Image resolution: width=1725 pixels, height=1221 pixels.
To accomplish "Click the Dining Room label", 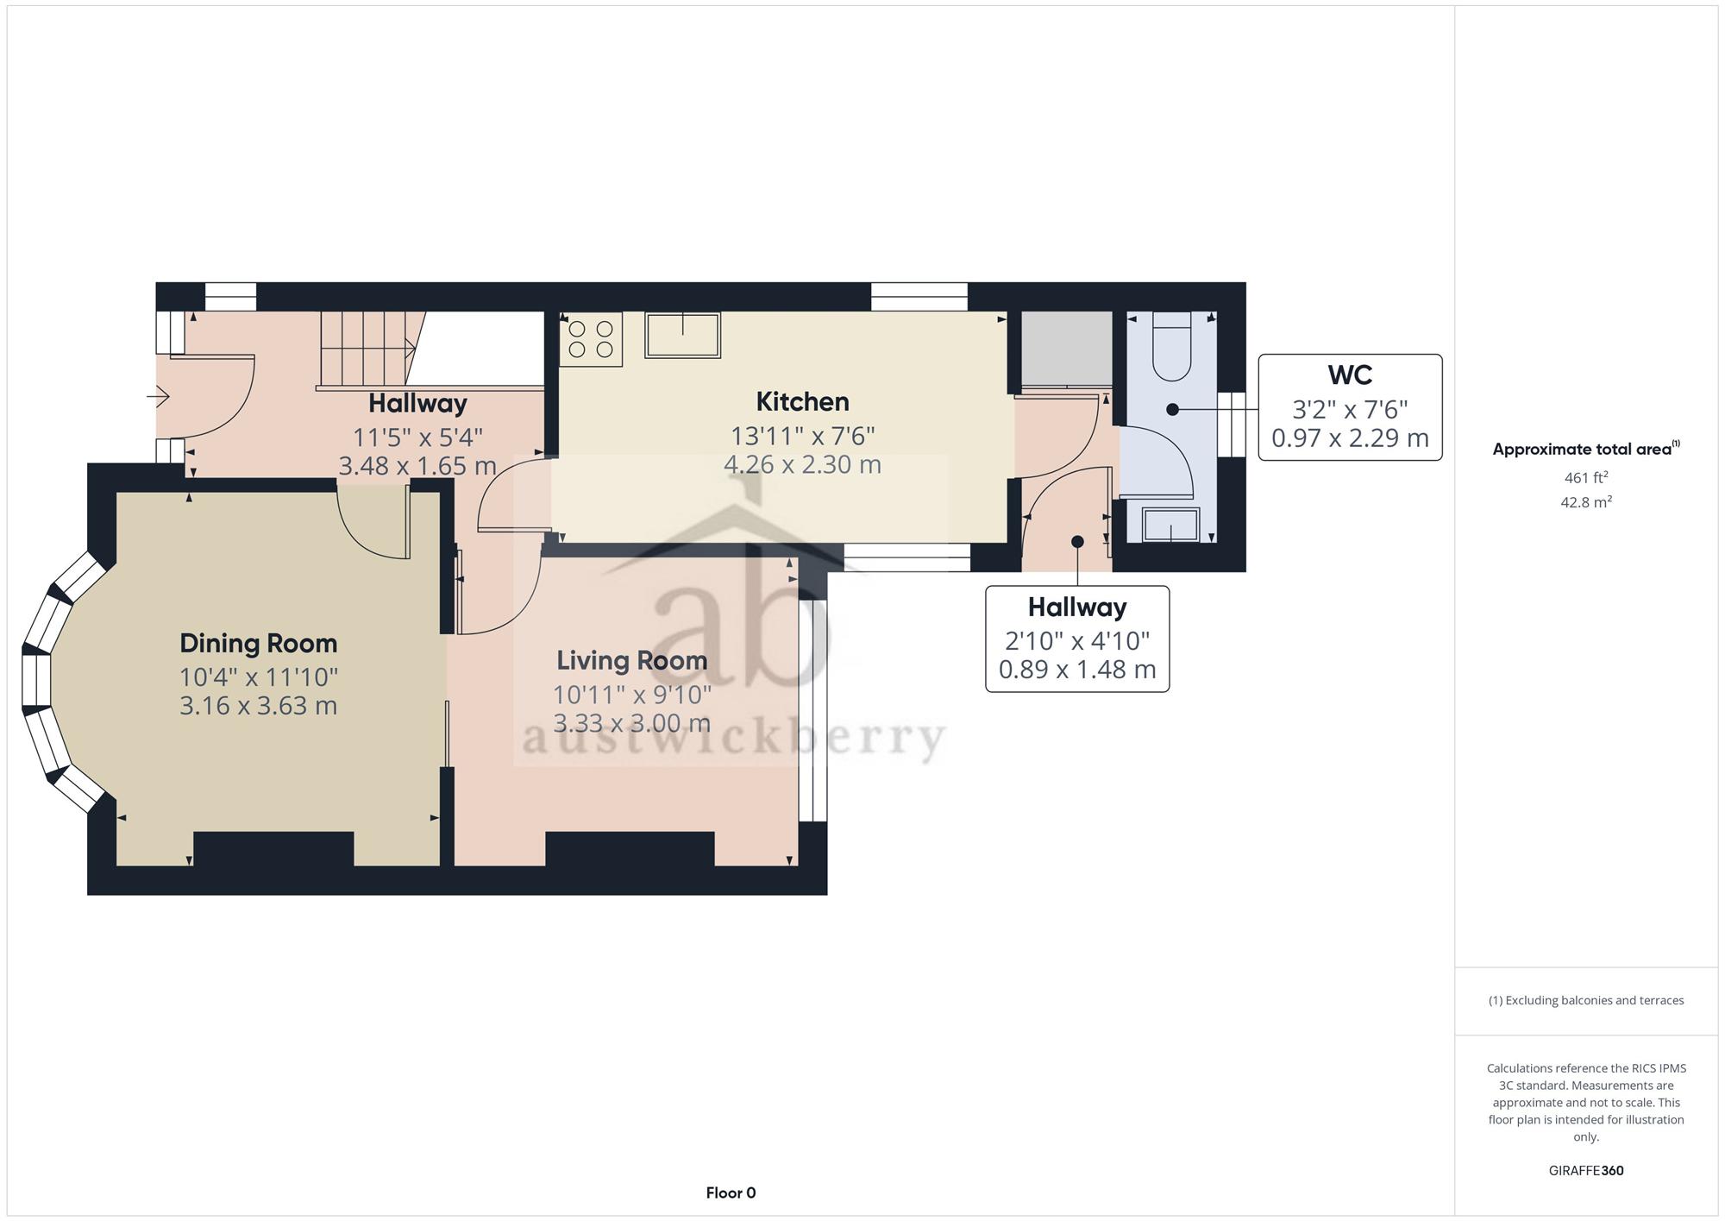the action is (x=258, y=644).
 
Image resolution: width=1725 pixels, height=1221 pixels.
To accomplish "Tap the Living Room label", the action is (x=631, y=661).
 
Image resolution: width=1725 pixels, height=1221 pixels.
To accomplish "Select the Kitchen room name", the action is (x=802, y=402).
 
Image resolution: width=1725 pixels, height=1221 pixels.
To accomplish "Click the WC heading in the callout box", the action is (x=1350, y=375).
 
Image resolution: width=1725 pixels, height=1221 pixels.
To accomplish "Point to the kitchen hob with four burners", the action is (x=591, y=339).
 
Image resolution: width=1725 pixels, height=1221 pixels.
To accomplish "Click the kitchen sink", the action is (x=682, y=335).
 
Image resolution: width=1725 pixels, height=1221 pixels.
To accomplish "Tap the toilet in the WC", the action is (x=1171, y=347).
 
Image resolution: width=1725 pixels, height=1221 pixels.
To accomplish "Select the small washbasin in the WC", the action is (x=1170, y=526).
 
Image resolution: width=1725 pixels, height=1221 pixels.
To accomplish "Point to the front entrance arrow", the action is (x=158, y=397).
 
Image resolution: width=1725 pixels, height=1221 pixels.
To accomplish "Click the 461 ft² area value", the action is (x=1585, y=477).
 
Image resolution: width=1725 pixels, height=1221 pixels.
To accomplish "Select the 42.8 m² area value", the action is (x=1585, y=501).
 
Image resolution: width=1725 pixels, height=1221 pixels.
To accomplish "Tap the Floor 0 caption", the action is (x=731, y=1193).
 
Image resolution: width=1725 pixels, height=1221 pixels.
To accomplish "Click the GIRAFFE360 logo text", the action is (x=1586, y=1171).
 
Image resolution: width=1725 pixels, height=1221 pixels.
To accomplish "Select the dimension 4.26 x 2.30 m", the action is (x=802, y=465).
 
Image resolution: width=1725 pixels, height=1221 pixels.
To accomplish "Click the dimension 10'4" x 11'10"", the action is (x=259, y=677).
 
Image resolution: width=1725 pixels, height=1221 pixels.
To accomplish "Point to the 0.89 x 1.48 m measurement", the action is (x=1077, y=670).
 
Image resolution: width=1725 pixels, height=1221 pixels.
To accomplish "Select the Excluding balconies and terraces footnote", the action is (x=1586, y=1001).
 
